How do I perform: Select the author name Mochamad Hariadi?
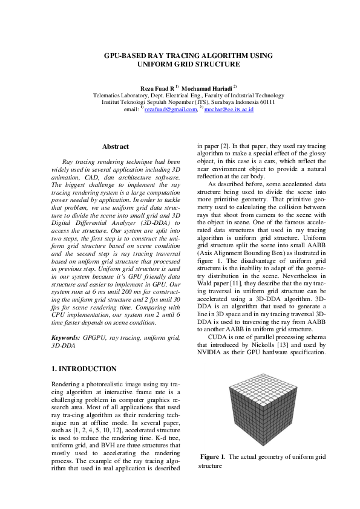click(209, 89)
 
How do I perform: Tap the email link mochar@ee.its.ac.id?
click(229, 109)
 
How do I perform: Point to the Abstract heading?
click(116, 147)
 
